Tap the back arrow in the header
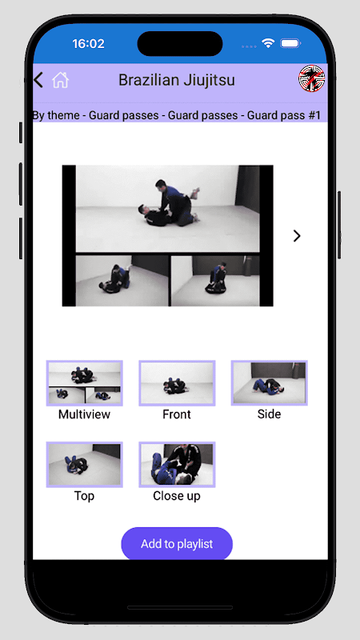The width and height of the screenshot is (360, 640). [38, 80]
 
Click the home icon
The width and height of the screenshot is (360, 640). [61, 80]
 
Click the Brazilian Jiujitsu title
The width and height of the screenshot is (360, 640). [177, 80]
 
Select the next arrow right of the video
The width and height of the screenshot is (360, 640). [297, 236]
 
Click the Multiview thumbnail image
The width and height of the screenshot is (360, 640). [85, 383]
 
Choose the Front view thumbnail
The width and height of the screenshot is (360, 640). [177, 383]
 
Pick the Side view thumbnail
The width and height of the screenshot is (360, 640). [270, 383]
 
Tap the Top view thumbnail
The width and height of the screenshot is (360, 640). [85, 465]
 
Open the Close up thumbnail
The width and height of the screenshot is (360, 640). [177, 465]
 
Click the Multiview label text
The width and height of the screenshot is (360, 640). [85, 414]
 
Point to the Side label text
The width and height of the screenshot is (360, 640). [270, 414]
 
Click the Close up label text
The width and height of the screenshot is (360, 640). [177, 496]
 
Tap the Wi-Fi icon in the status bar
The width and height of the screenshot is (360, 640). [268, 43]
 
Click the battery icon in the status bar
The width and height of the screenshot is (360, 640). [290, 43]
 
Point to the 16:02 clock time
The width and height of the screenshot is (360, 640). [89, 44]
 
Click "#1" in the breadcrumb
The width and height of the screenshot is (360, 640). [313, 115]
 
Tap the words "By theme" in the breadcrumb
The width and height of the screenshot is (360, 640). [57, 115]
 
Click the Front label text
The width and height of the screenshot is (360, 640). [177, 414]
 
